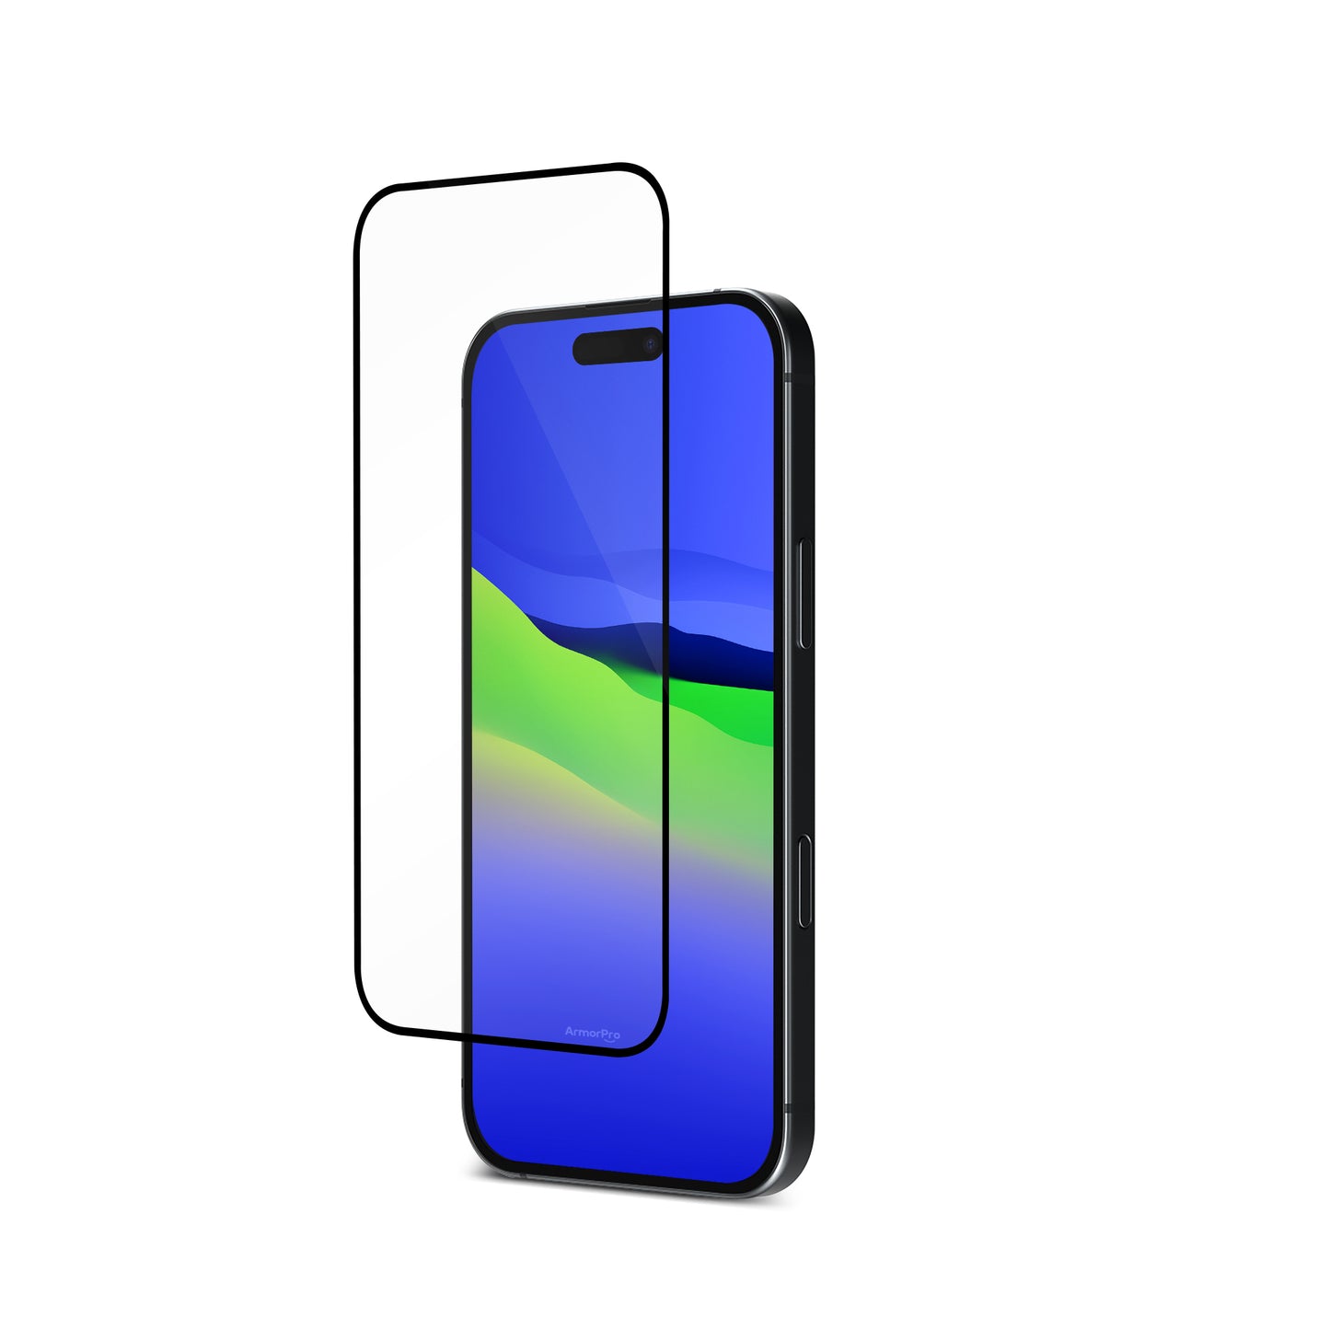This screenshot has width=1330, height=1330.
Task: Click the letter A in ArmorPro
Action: click(569, 1034)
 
